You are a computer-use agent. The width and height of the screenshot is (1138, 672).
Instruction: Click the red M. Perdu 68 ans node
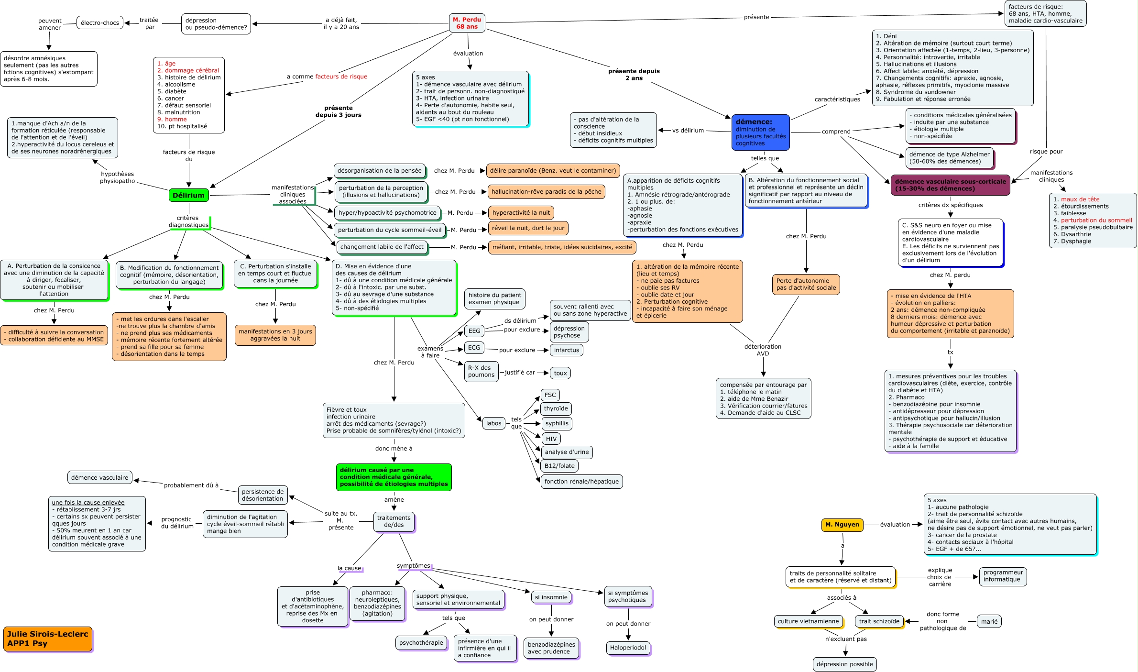[467, 23]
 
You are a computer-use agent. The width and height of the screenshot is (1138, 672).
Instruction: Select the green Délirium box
[188, 195]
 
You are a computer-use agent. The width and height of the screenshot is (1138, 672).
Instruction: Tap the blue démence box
[760, 132]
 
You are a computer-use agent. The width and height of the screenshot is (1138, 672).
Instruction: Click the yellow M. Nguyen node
[842, 525]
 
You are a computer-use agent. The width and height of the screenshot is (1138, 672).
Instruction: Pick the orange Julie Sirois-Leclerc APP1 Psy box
[47, 639]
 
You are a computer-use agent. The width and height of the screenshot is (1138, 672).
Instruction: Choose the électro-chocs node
[100, 22]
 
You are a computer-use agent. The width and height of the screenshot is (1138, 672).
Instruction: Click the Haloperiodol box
[628, 648]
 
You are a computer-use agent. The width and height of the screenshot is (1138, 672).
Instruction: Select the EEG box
[474, 331]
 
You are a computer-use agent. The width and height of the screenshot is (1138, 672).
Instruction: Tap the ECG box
[474, 348]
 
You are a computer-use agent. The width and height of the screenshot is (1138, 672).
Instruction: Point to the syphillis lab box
[557, 423]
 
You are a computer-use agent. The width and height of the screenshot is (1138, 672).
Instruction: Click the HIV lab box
[551, 439]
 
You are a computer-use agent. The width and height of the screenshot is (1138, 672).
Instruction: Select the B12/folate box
[559, 466]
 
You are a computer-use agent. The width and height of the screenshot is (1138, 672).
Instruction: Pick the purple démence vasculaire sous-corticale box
[950, 185]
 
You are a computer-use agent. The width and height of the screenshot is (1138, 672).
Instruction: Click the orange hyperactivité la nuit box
[521, 213]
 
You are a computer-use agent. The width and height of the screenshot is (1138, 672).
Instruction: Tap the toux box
[560, 373]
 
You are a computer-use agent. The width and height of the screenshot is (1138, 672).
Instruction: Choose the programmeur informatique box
[1003, 576]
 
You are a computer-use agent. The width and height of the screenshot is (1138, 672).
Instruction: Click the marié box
[989, 621]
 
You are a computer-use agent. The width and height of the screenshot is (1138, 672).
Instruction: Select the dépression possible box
[844, 664]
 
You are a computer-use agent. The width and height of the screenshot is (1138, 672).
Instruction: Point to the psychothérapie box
[421, 642]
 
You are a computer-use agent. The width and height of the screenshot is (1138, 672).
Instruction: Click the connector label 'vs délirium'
[688, 130]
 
